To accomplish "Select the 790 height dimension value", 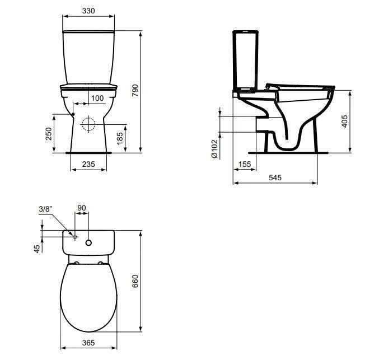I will point(135,91).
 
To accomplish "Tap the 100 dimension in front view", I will point(97,98).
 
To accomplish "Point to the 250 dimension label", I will point(49,133).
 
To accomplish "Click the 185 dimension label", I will point(120,139).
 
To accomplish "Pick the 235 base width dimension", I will point(87,164).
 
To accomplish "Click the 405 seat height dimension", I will point(344,120).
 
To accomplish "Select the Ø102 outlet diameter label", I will point(214,149).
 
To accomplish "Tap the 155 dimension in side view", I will point(244,164).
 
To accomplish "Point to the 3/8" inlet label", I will point(45,209).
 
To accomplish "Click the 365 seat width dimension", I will point(88,343).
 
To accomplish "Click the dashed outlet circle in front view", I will point(88,124).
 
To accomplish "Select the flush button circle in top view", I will point(88,243).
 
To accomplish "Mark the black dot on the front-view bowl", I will point(73,114).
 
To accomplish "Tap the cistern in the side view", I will point(245,62).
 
